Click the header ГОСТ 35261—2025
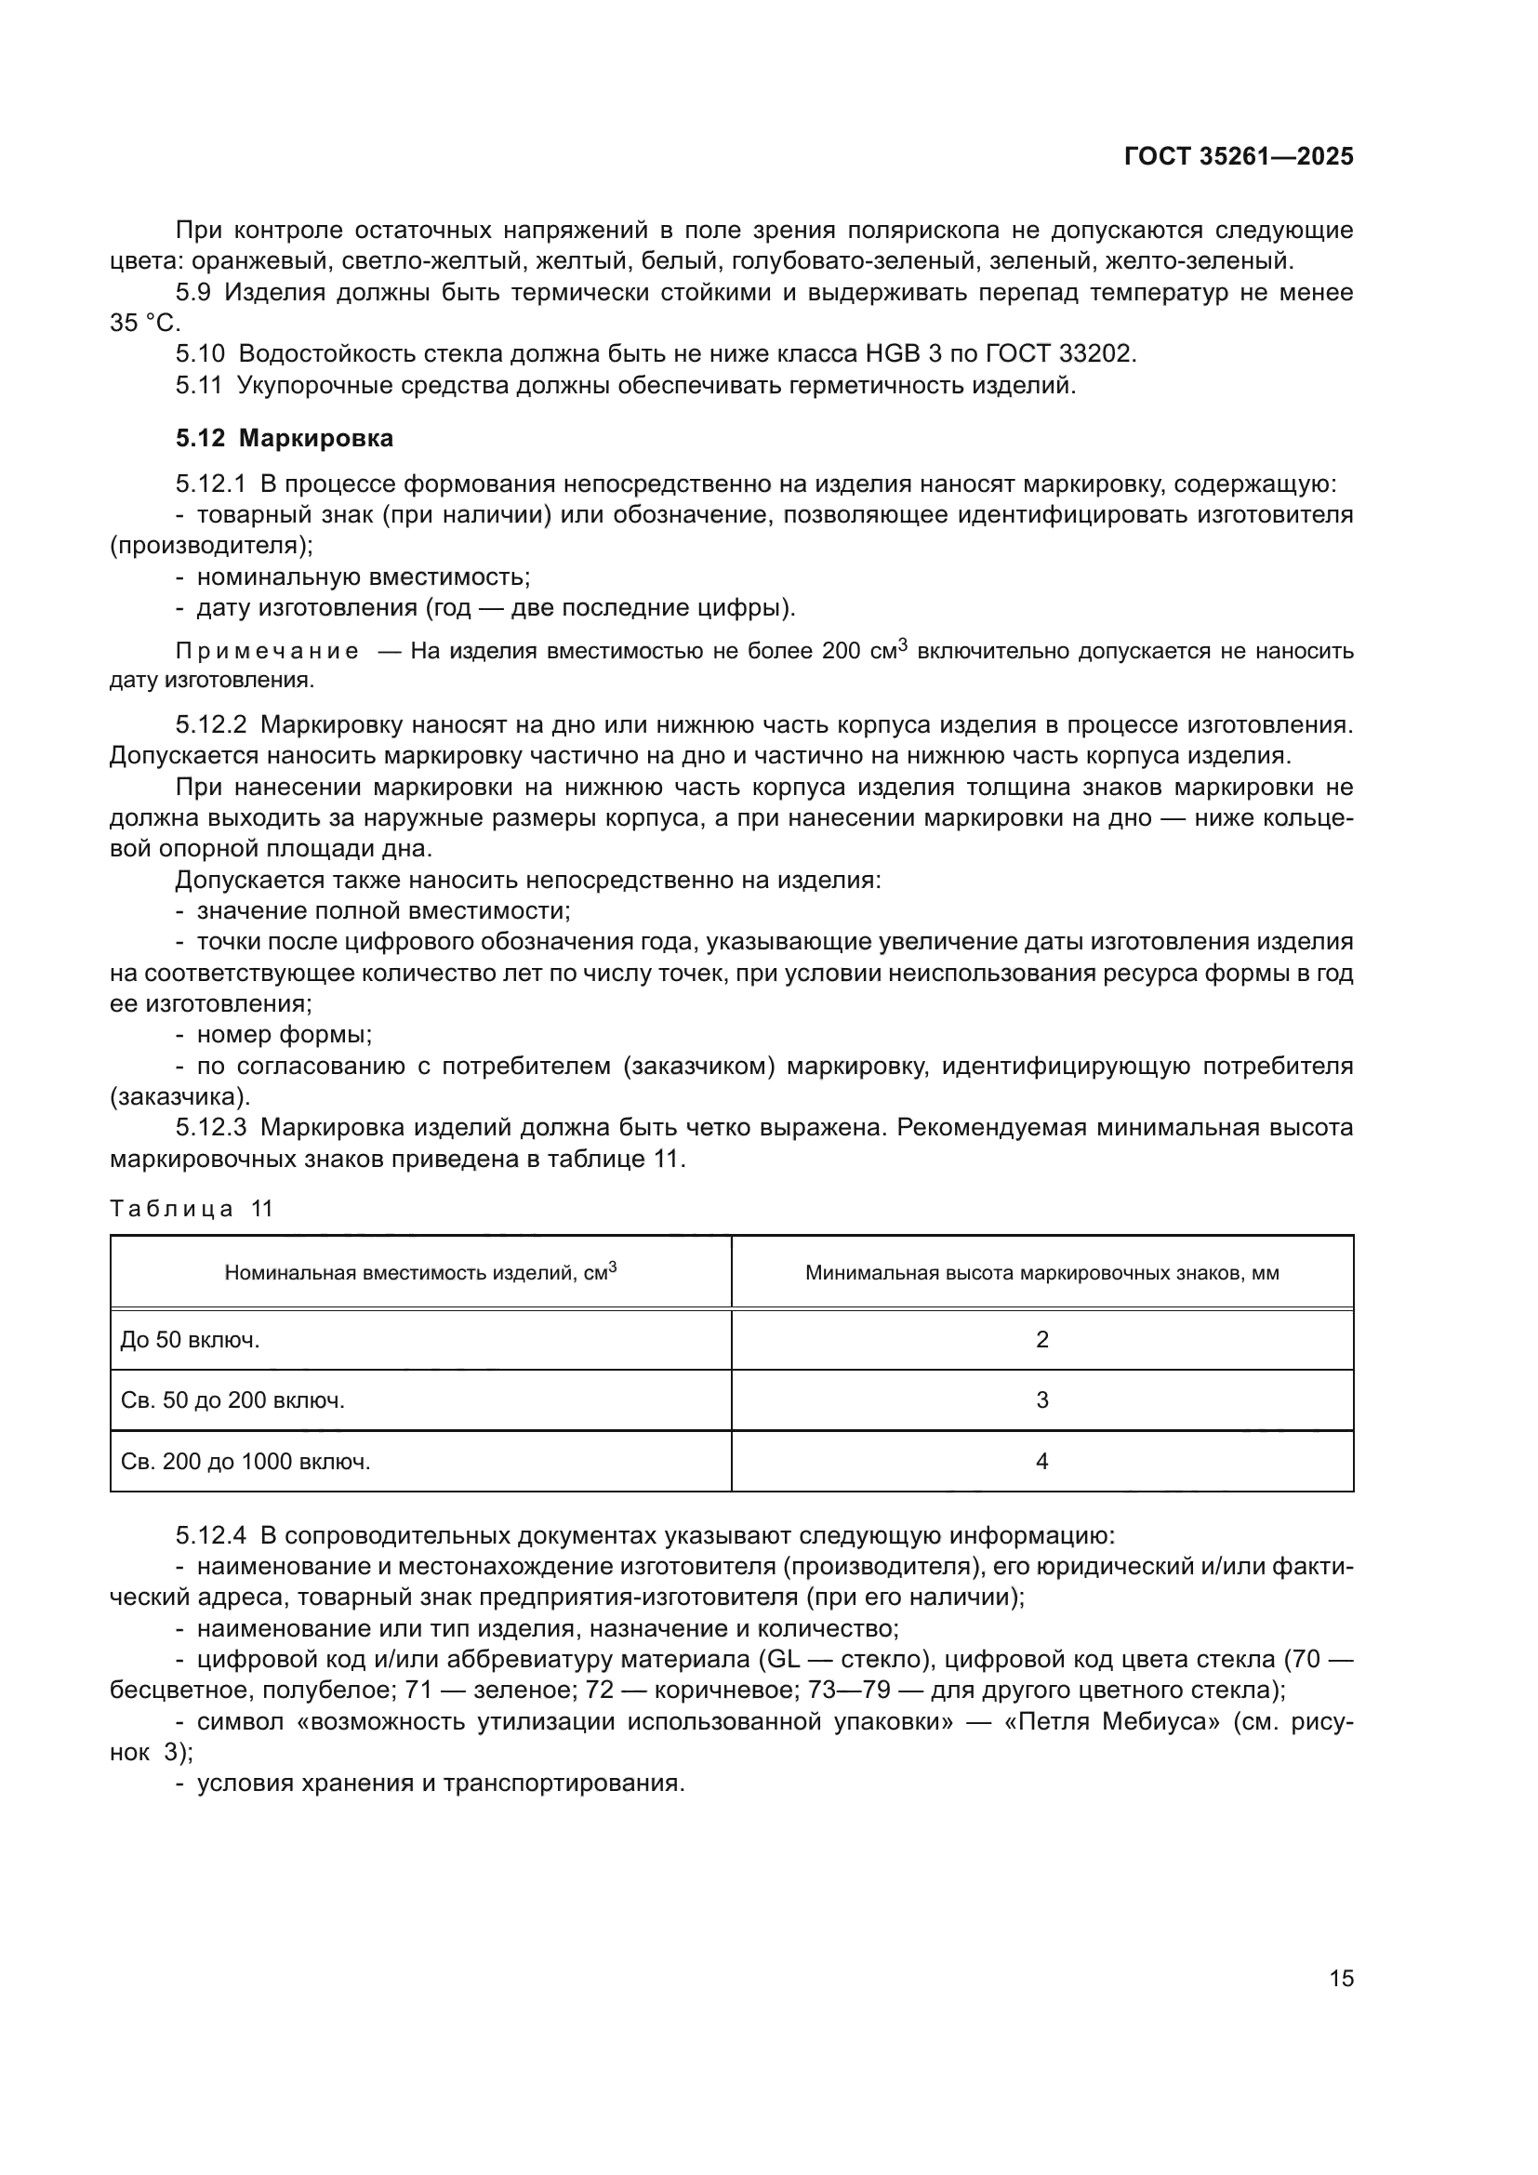point(1239,157)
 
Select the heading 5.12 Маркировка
point(285,438)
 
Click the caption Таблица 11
point(192,1209)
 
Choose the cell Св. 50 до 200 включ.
point(232,1400)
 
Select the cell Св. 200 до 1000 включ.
point(245,1462)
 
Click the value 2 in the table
point(1041,1339)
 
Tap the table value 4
point(1041,1462)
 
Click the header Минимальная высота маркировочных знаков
point(1041,1273)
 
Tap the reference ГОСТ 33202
point(1060,354)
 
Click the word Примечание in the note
point(267,652)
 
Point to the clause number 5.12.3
point(210,1128)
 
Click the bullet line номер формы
point(285,1034)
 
